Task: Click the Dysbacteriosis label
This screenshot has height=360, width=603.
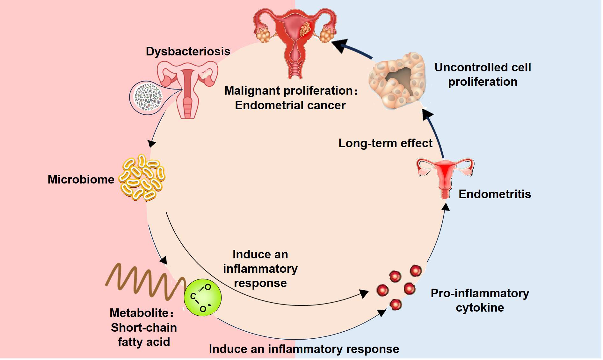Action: (188, 51)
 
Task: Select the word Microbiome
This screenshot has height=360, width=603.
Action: (81, 179)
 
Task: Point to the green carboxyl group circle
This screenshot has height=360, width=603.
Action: (203, 298)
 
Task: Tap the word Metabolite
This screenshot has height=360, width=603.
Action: (140, 313)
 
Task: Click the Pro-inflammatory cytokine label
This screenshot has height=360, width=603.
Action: (480, 300)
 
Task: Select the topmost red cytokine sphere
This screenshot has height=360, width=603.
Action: (416, 271)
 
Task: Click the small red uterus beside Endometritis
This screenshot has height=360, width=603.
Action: (445, 177)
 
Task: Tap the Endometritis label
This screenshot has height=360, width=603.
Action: (495, 194)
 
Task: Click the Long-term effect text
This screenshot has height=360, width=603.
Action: (385, 143)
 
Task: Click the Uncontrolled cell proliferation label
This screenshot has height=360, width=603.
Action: (483, 75)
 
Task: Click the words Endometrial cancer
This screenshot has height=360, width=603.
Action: (290, 105)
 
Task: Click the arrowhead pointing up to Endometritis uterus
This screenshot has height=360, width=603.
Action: (446, 207)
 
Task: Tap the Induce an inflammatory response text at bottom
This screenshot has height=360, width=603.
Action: (304, 349)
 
